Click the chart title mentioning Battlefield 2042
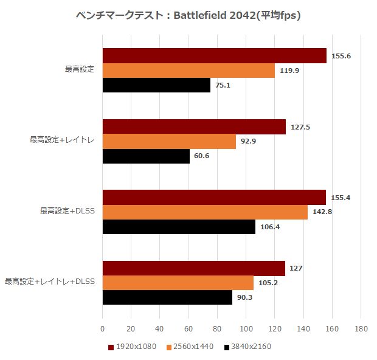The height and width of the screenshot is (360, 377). (x=188, y=15)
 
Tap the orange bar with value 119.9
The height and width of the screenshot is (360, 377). (x=188, y=70)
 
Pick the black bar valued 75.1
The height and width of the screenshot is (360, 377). (x=156, y=85)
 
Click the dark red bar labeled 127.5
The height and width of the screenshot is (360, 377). (x=194, y=126)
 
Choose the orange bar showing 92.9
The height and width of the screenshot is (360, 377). (x=169, y=141)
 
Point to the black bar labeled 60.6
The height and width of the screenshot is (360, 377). (x=146, y=156)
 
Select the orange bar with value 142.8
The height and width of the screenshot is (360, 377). (x=205, y=212)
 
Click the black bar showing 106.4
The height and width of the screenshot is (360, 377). (x=179, y=227)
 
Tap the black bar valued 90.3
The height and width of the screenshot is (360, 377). (x=167, y=298)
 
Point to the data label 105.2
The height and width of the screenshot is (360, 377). (x=269, y=283)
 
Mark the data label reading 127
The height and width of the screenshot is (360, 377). (x=296, y=269)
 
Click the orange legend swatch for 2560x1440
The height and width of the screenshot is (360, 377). (x=169, y=347)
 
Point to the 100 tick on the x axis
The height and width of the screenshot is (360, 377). (x=246, y=329)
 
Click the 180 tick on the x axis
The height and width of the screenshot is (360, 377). (x=361, y=329)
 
